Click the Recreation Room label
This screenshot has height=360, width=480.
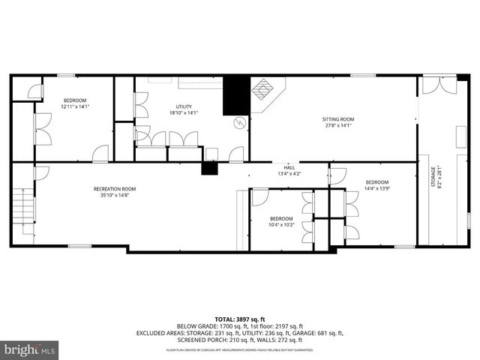point(114,188)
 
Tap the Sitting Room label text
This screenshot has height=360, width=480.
point(337,119)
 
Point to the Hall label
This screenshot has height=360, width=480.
point(289,167)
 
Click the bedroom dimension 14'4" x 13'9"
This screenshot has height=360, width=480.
point(376,188)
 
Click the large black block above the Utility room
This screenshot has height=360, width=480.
point(235,94)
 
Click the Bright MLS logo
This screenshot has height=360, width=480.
point(30,349)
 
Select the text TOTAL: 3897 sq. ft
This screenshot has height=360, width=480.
point(239,319)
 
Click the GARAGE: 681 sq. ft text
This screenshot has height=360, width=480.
point(312,333)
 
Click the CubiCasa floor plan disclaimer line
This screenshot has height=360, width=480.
point(239,350)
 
